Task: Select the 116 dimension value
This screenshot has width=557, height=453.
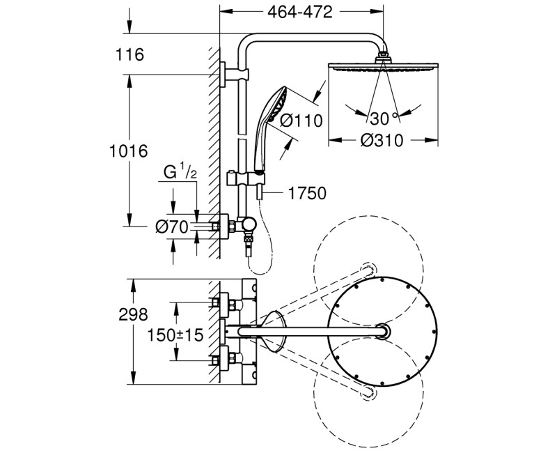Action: coord(130,55)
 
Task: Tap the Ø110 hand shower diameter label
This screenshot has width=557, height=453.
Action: coord(302,121)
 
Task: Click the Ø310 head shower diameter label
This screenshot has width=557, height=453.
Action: coord(382,141)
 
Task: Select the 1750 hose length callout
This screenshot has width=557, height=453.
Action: coord(306,193)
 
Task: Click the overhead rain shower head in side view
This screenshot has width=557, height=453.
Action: coord(382,67)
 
